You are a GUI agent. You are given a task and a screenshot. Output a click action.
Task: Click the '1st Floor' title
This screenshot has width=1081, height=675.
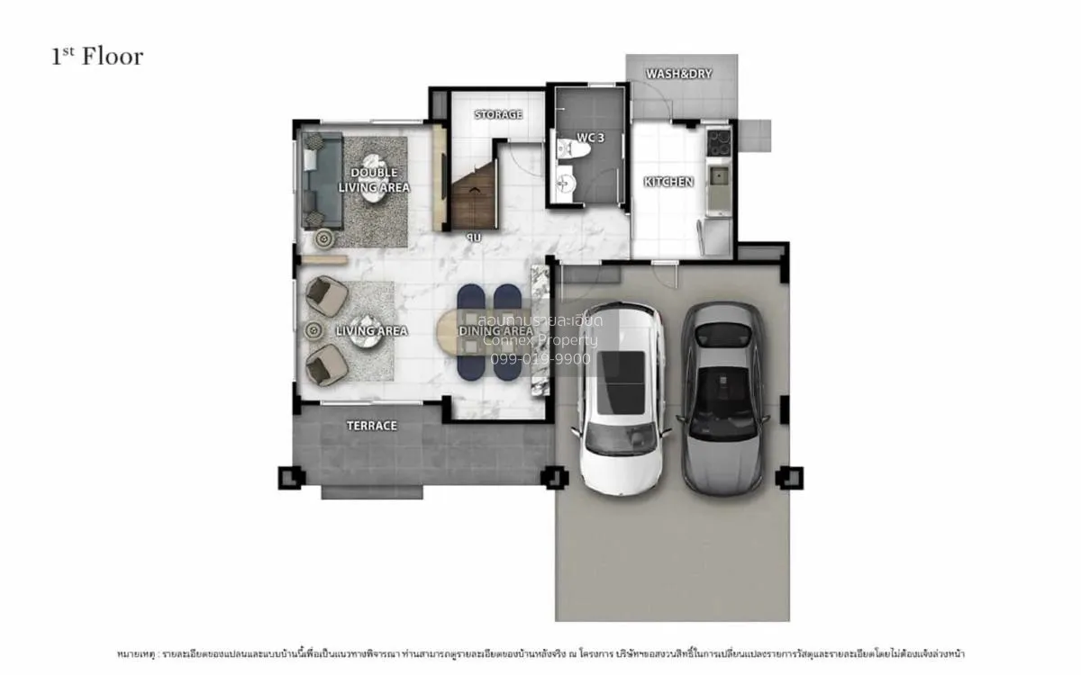pos(97,57)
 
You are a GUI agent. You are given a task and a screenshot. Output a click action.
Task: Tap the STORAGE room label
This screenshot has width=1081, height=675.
pos(498,115)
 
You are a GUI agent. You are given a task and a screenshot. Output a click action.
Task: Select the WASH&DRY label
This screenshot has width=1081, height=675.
pos(679,74)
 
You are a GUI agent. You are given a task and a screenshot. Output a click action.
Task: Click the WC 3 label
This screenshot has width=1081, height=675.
pos(589,138)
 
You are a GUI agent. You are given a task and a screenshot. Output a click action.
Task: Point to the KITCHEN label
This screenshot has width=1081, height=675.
pos(668,182)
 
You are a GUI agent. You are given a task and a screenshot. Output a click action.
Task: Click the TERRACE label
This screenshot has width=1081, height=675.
pos(372,426)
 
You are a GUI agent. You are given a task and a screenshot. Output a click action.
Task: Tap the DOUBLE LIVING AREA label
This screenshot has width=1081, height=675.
pos(374,180)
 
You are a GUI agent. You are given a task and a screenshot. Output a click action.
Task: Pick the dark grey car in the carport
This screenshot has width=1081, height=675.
pos(723,396)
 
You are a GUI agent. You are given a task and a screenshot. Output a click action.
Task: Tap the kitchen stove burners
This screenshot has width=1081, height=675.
pos(719,140)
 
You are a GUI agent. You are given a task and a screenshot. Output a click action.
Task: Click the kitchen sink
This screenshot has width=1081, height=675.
pos(719,175)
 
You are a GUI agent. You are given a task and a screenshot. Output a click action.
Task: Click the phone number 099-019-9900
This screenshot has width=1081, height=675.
pos(540,358)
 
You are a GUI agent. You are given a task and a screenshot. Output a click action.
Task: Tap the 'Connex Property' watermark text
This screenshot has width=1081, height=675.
pos(540,340)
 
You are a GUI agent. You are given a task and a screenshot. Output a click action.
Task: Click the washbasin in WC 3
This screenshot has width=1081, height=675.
pos(564,184)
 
